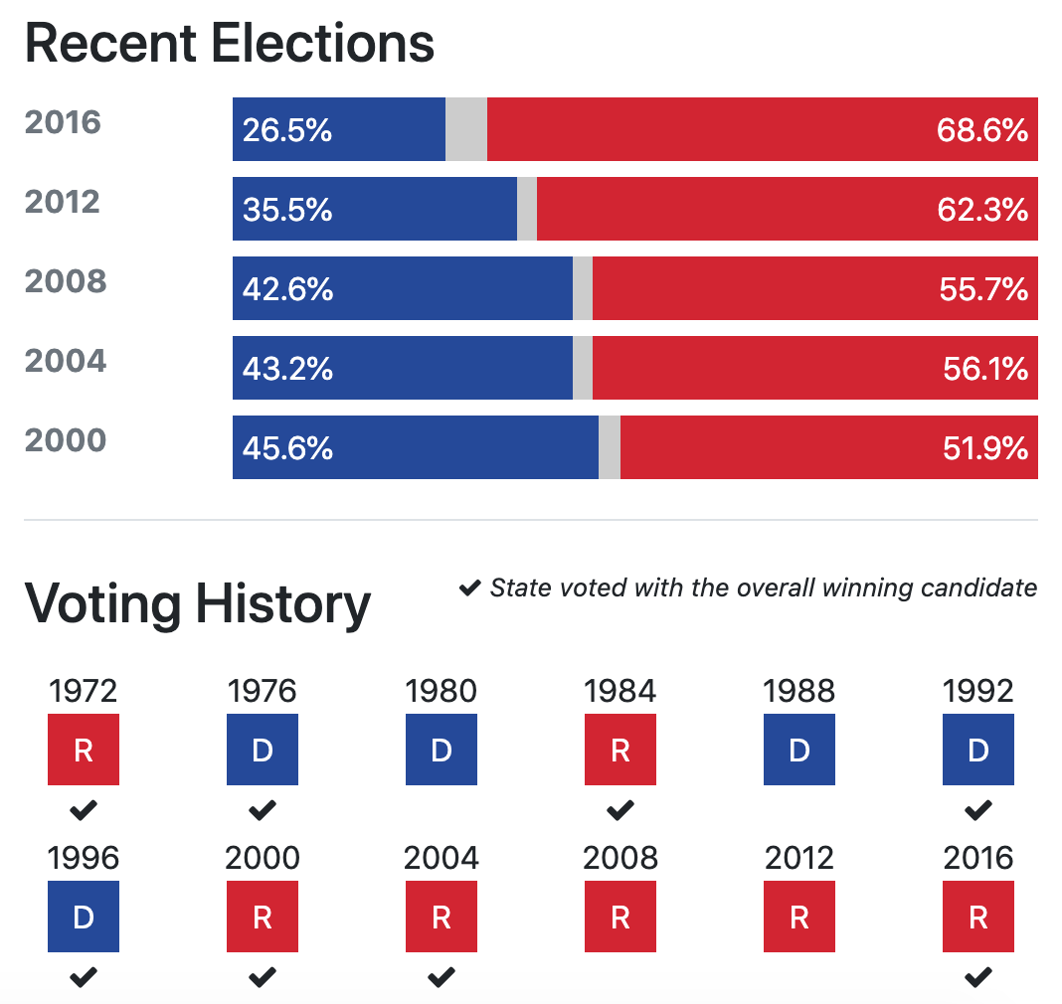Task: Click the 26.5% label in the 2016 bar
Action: pos(287,130)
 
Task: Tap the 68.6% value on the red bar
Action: pos(981,130)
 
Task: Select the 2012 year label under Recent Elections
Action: pos(63,203)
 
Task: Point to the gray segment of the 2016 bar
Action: pos(466,129)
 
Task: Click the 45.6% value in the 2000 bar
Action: pos(287,448)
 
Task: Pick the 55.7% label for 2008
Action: pos(982,289)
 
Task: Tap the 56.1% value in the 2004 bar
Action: pos(984,369)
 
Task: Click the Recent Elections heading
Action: pos(230,43)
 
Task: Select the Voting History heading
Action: pos(197,602)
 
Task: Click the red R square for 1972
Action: pos(84,750)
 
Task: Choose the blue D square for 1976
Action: pos(263,750)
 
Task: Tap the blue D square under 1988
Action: pos(799,750)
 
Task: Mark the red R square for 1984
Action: pos(620,750)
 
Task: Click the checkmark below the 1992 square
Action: pos(978,811)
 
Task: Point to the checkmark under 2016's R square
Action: pos(978,978)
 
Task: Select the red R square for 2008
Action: pos(620,917)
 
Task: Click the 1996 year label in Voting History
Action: pos(84,858)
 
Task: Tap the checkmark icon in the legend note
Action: pos(470,588)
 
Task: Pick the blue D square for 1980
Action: pos(442,750)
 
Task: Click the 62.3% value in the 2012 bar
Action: pos(982,210)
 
